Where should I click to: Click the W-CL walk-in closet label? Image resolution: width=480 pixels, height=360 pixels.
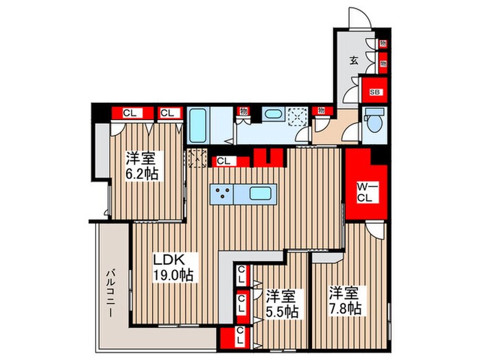[363, 192]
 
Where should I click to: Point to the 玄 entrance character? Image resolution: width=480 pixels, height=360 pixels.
[355, 60]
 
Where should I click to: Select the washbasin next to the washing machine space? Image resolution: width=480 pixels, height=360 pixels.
[272, 114]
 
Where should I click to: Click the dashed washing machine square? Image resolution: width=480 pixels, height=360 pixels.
[298, 117]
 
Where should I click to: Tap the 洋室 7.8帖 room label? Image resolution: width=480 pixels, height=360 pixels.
[343, 298]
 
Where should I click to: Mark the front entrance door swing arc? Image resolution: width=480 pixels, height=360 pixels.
[361, 18]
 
